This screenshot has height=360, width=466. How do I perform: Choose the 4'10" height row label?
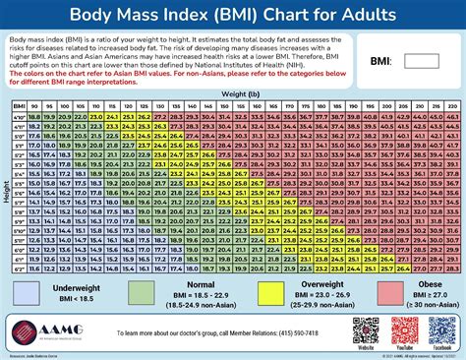20,116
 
